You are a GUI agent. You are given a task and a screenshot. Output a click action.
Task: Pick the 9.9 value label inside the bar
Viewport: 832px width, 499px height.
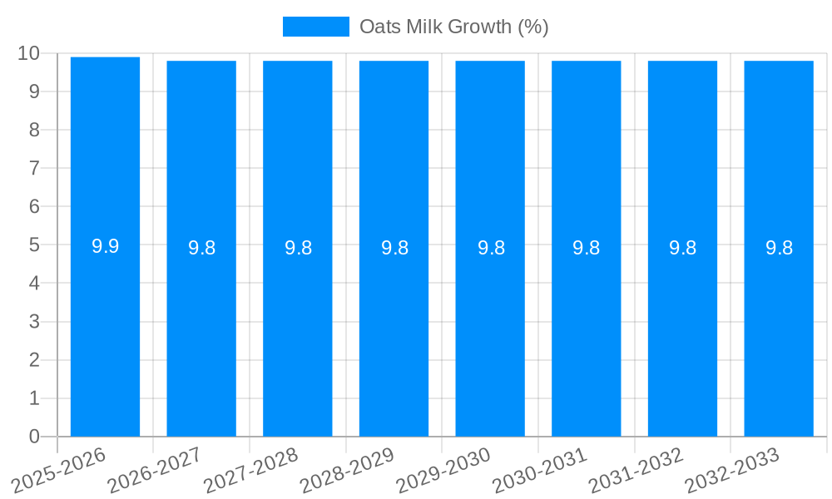tap(105, 246)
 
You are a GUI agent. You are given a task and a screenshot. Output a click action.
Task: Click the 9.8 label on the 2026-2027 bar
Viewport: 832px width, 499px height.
tap(201, 248)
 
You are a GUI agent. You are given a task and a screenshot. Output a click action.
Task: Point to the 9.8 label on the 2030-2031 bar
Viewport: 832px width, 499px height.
tap(586, 248)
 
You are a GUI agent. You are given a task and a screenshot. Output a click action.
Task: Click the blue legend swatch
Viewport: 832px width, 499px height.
tap(315, 27)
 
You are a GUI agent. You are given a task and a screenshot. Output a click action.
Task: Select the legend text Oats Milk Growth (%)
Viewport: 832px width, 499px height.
tap(453, 27)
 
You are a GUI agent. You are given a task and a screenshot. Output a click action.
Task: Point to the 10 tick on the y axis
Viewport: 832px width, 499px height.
tap(28, 53)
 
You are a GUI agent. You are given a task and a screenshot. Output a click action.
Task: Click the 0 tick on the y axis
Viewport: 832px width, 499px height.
tap(34, 437)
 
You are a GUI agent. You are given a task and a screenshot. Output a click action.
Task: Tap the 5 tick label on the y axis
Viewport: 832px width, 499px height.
tap(34, 245)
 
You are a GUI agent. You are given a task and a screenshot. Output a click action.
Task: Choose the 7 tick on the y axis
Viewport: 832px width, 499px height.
tap(34, 169)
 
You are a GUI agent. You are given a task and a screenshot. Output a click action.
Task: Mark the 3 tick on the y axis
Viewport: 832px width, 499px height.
tap(34, 322)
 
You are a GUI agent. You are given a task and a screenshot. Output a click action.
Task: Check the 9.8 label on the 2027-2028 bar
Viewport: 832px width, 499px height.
tap(298, 248)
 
